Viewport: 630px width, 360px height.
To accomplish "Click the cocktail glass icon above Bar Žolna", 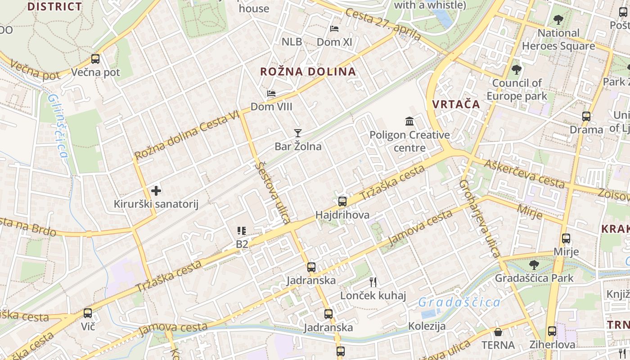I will point(297,133).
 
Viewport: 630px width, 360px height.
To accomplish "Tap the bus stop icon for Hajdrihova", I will point(342,201).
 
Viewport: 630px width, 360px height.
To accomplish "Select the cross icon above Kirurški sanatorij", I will point(156,191).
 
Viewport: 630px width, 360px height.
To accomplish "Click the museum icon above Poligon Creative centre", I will point(409,121).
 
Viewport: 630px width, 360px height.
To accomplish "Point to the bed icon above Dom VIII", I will point(271,94).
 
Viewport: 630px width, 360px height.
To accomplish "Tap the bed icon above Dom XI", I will point(334,28).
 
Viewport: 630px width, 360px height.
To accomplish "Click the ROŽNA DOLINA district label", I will point(308,72).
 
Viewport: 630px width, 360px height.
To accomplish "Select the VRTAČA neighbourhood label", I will point(456,104).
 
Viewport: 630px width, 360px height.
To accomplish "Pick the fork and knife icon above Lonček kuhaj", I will point(373,282).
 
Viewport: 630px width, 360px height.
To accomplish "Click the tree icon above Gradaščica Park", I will point(534,265).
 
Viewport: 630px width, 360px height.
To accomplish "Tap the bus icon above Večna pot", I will point(95,58).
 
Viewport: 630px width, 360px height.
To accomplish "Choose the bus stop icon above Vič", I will point(88,313).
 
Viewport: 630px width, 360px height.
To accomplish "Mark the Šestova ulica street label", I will point(273,193).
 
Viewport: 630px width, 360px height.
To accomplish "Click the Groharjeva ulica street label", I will point(479,218).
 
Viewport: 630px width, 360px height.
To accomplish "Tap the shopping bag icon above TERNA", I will point(498,332).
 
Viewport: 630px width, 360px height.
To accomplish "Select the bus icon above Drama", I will point(586,117).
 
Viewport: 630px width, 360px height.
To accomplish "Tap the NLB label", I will point(292,42).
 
